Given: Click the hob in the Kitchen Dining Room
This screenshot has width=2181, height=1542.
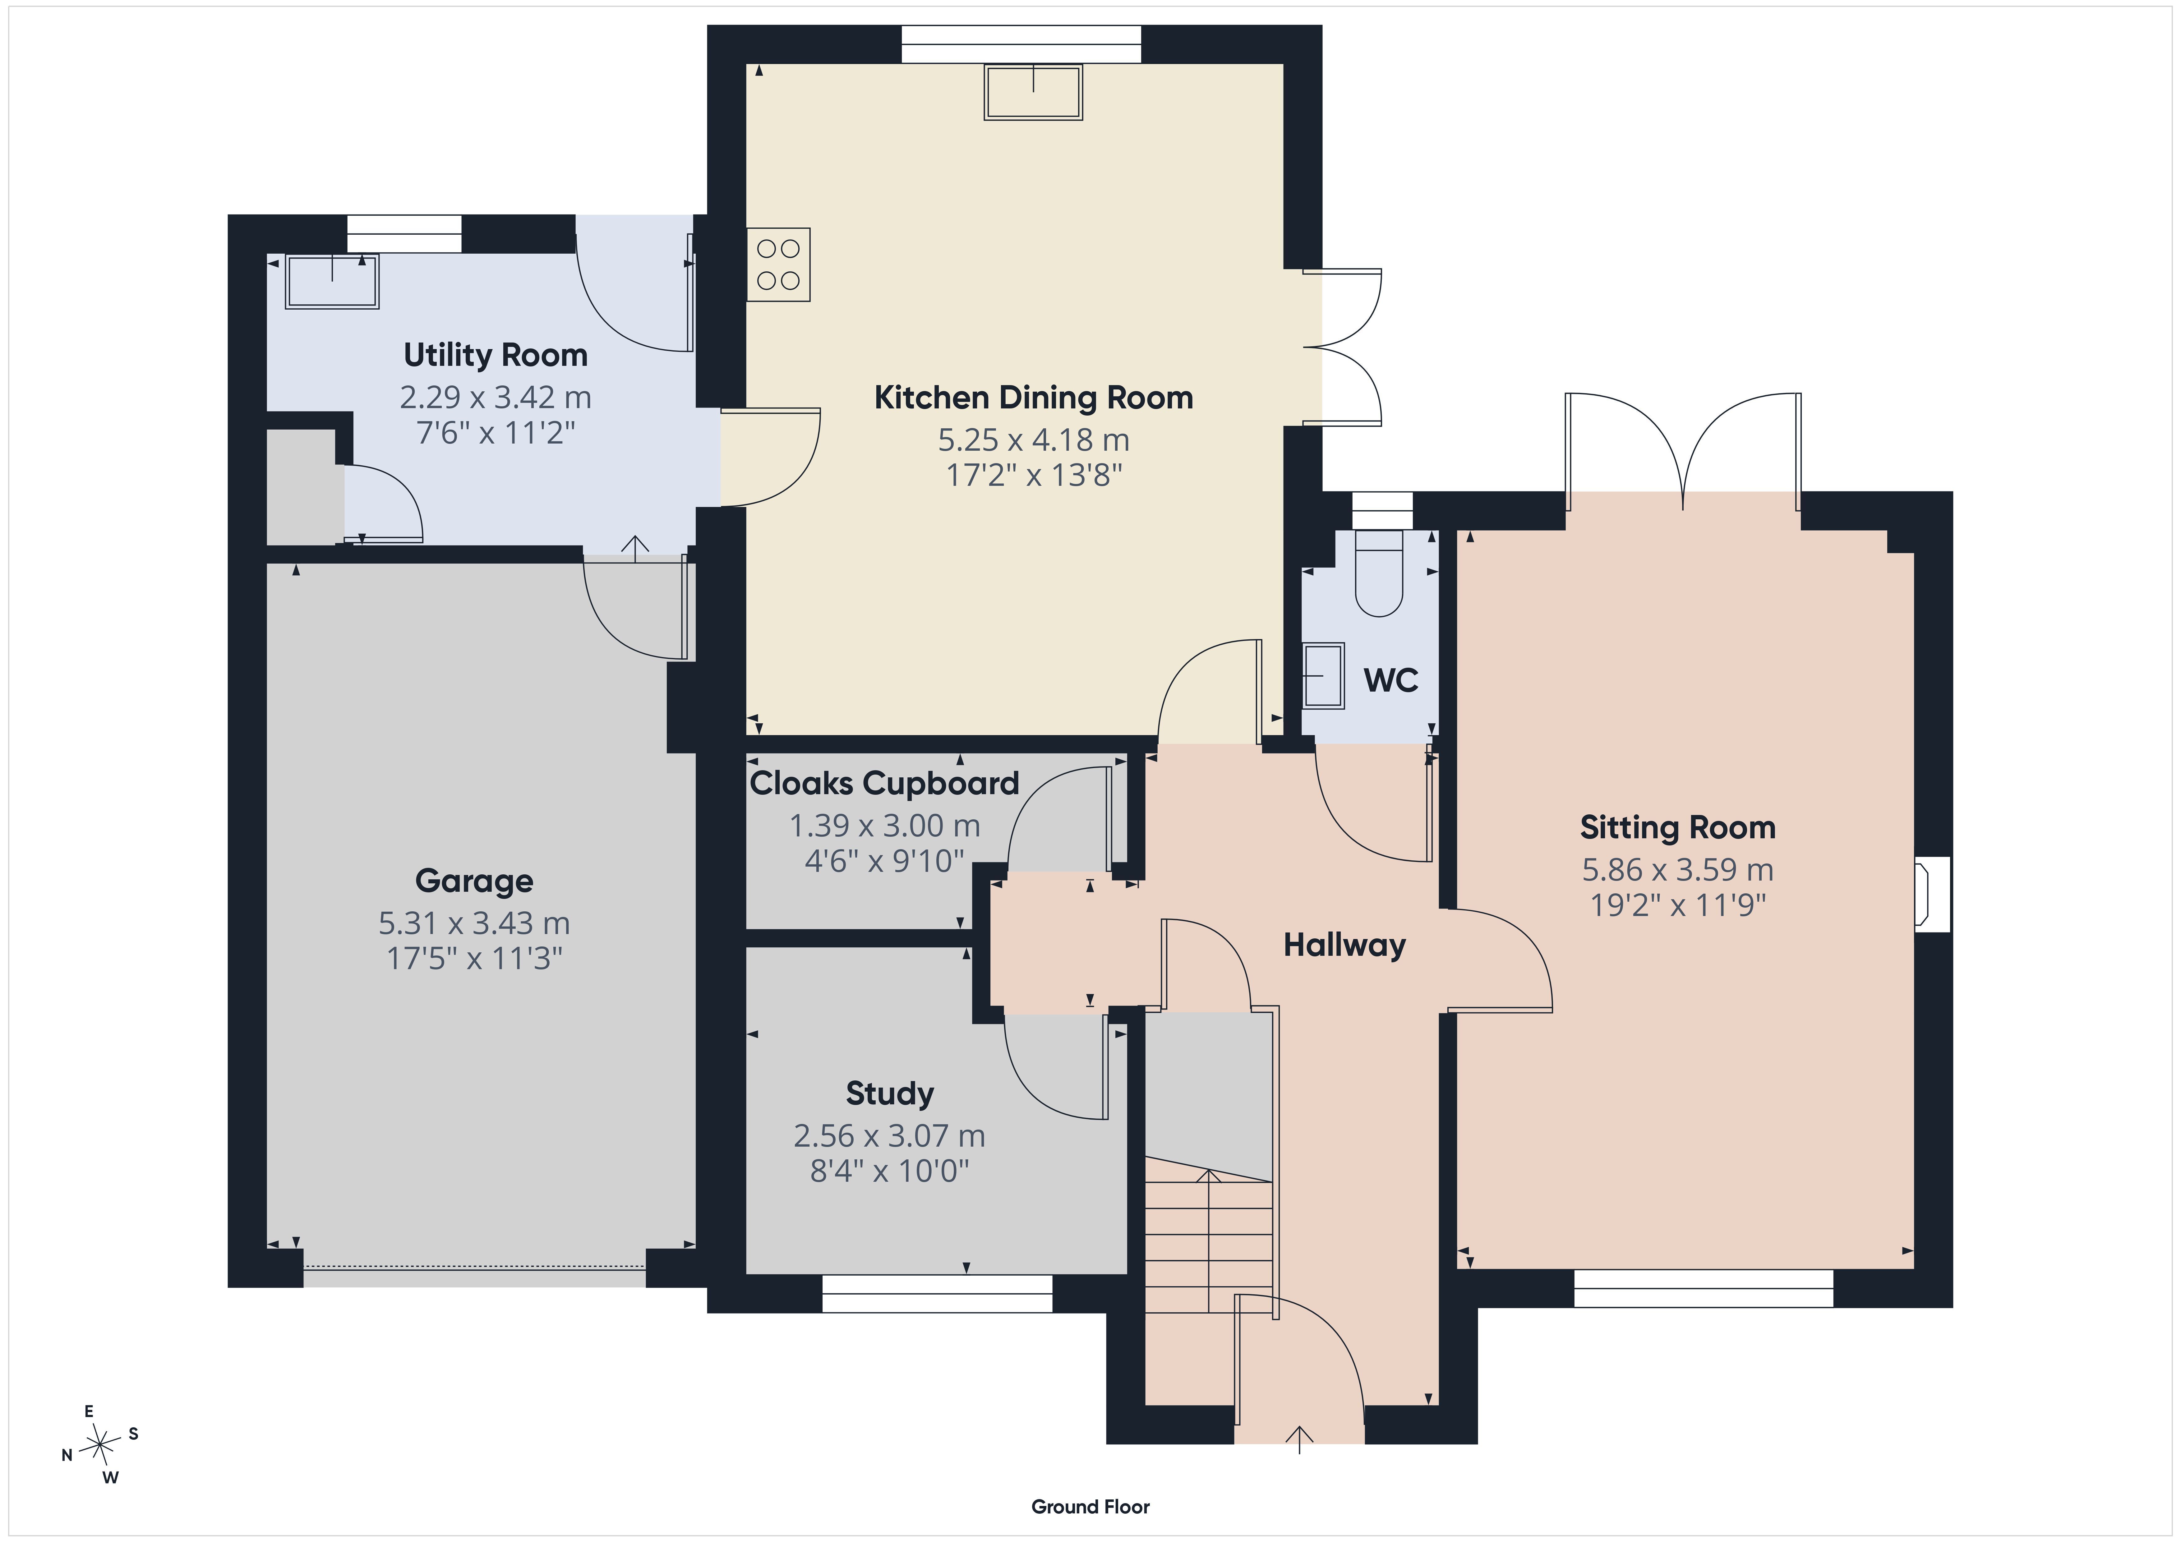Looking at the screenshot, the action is point(778,264).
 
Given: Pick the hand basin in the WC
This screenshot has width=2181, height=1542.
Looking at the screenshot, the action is point(1322,675).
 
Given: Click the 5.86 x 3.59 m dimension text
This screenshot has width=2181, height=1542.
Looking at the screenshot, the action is point(1677,869).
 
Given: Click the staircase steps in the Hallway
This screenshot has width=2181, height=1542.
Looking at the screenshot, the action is point(1208,1235).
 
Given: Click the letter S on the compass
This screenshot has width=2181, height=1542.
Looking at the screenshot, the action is point(133,1434).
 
